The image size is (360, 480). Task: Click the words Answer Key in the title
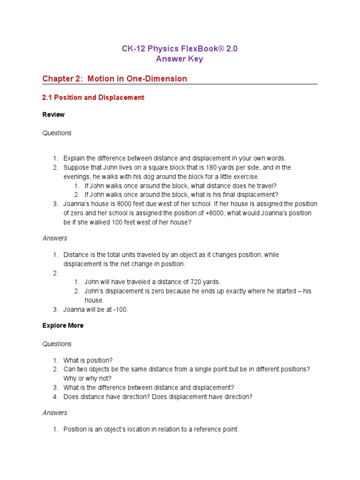180,59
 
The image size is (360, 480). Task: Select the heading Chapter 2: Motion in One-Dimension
115,79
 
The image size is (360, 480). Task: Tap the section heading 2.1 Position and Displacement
93,97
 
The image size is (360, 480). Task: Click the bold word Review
53,114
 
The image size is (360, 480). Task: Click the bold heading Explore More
63,325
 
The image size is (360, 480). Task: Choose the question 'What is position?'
88,360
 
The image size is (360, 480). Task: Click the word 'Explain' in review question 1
74,158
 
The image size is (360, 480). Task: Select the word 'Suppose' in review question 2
76,167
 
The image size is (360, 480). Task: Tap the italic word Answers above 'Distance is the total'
55,238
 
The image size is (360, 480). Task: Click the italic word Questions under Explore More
57,344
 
